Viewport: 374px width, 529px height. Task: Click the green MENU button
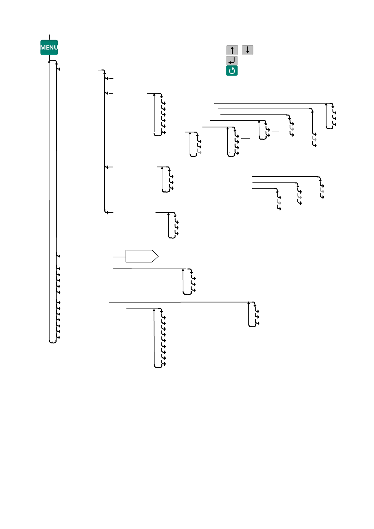point(49,47)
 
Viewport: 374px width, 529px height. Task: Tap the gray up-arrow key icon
point(232,50)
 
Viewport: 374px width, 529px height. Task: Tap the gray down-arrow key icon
point(247,50)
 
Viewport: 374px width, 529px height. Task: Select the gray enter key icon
point(232,60)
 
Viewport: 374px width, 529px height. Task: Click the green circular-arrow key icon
point(232,71)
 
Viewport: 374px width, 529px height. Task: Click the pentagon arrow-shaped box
point(142,256)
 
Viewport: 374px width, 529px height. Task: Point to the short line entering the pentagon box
point(119,257)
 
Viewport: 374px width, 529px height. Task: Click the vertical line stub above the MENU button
point(49,37)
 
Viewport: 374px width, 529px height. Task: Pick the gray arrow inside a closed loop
point(199,152)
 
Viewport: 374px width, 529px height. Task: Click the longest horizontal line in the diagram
point(179,302)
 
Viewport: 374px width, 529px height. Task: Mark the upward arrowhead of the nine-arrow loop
point(154,310)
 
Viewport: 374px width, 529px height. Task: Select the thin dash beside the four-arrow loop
point(245,138)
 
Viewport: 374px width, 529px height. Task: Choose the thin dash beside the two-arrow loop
point(275,132)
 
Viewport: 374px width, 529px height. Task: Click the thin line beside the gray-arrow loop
point(213,144)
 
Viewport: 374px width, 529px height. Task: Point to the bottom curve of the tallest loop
point(53,342)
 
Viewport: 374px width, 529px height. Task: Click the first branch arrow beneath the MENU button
point(58,68)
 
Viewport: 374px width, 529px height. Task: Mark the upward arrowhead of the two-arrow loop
point(259,122)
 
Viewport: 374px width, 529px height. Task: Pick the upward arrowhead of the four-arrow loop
point(228,128)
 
